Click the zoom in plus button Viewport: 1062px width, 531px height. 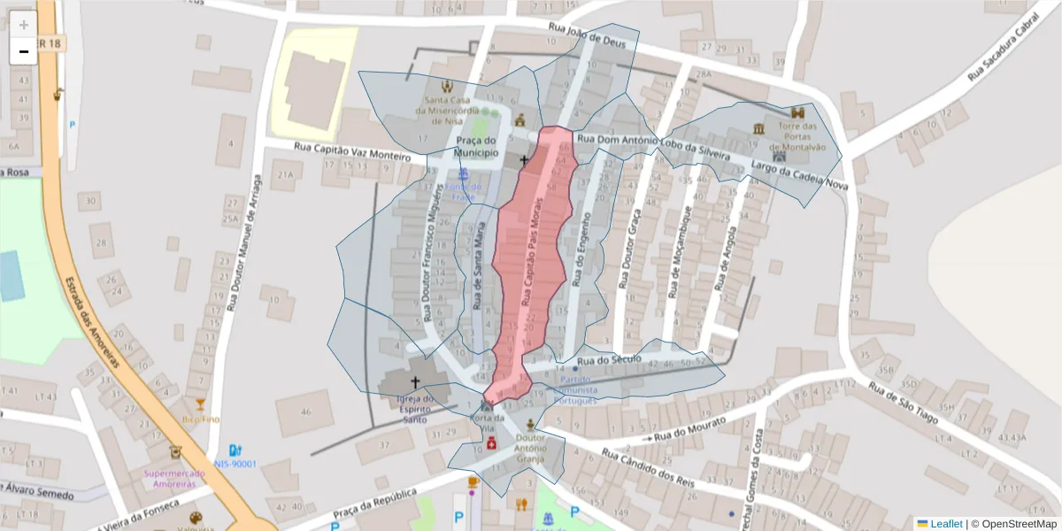coord(24,25)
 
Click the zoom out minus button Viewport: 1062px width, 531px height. coord(24,51)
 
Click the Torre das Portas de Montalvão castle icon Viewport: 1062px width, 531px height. coord(798,114)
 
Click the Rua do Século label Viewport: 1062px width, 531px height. coord(608,361)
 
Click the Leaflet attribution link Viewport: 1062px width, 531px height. coord(946,524)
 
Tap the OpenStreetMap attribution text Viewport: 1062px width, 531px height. coord(1013,524)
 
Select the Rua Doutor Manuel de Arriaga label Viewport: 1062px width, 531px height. coord(244,241)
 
